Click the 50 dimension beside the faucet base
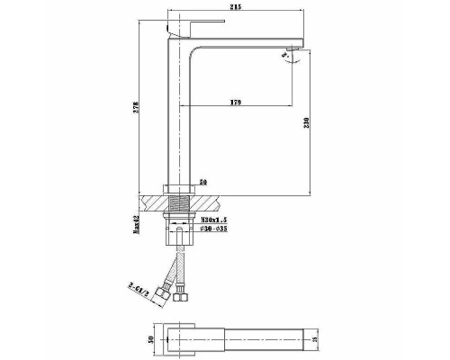coord(202,183)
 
